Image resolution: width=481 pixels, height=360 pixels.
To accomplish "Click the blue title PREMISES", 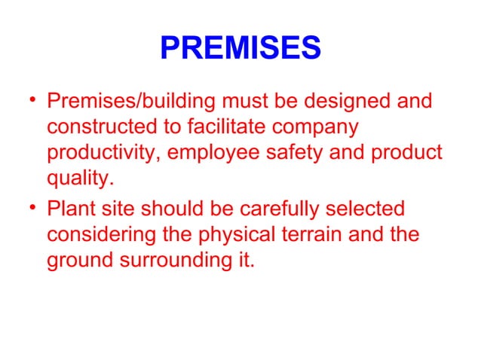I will pos(240,50).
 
